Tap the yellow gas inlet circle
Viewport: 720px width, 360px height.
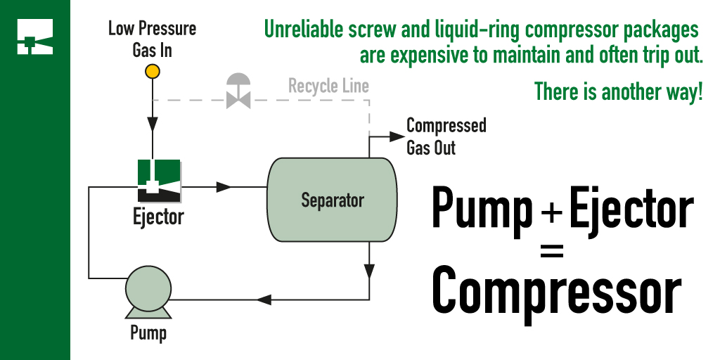coord(152,71)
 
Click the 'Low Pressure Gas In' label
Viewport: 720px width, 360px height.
coord(152,39)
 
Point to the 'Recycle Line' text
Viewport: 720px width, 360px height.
coord(328,86)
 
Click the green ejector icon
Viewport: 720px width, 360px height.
coord(159,179)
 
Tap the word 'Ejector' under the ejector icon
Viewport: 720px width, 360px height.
coord(158,216)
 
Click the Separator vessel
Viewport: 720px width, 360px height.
coord(332,200)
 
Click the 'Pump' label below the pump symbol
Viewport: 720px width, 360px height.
coord(148,331)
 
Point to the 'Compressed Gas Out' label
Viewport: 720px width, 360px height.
coord(446,136)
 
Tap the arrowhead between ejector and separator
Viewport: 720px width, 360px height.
coord(224,187)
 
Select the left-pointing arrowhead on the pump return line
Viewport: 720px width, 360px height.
coord(264,300)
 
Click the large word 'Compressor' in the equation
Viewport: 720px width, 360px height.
coord(555,290)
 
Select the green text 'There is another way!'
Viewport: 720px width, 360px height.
coord(618,91)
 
